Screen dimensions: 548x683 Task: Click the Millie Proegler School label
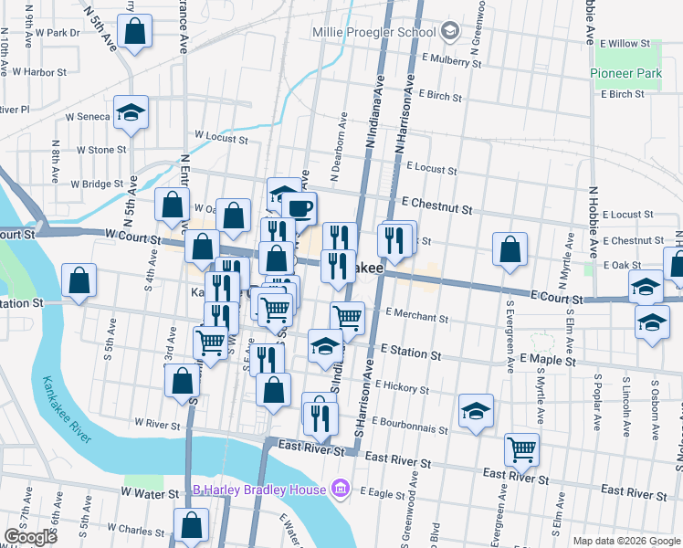373,33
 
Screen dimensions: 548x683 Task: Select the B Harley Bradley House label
259,490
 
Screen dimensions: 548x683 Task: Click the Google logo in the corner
30,537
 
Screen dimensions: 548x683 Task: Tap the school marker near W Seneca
131,113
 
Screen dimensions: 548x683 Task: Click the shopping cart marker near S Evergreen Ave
521,448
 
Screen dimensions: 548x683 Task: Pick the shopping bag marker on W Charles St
192,526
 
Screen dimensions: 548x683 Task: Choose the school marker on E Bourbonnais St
476,412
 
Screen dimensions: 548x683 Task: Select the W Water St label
149,493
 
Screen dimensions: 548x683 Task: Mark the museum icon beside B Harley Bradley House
340,489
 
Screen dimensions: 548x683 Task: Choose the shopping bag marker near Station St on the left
79,281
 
